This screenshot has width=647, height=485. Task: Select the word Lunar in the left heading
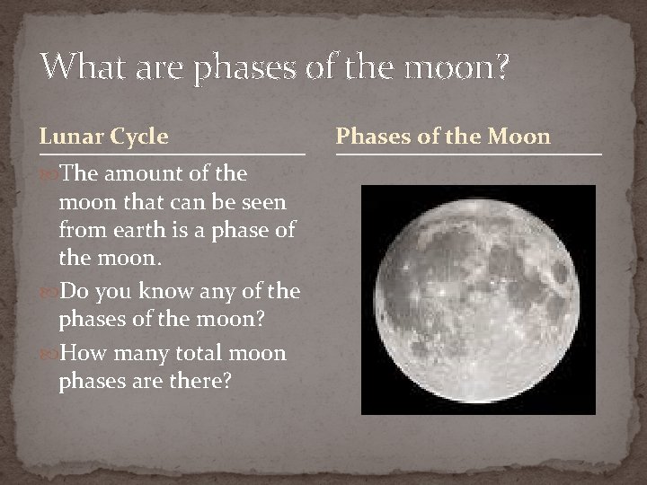coord(69,137)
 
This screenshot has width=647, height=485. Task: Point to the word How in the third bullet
coord(79,352)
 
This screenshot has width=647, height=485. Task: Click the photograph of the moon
coord(477,299)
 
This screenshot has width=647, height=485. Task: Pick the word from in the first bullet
coord(78,231)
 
